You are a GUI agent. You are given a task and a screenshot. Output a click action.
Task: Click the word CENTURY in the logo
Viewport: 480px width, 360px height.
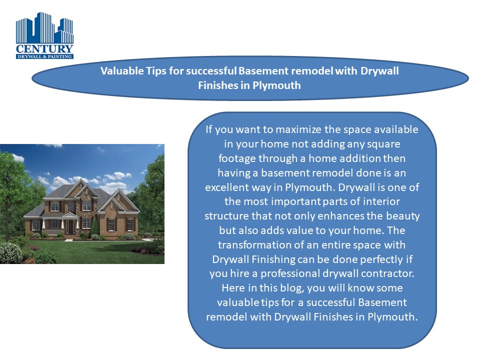click(44, 49)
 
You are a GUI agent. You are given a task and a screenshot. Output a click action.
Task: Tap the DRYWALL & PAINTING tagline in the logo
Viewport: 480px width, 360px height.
click(44, 56)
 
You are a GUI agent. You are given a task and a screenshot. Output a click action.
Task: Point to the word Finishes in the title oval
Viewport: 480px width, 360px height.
click(217, 85)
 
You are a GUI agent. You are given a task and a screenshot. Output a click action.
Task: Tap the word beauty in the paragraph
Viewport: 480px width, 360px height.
click(405, 216)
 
